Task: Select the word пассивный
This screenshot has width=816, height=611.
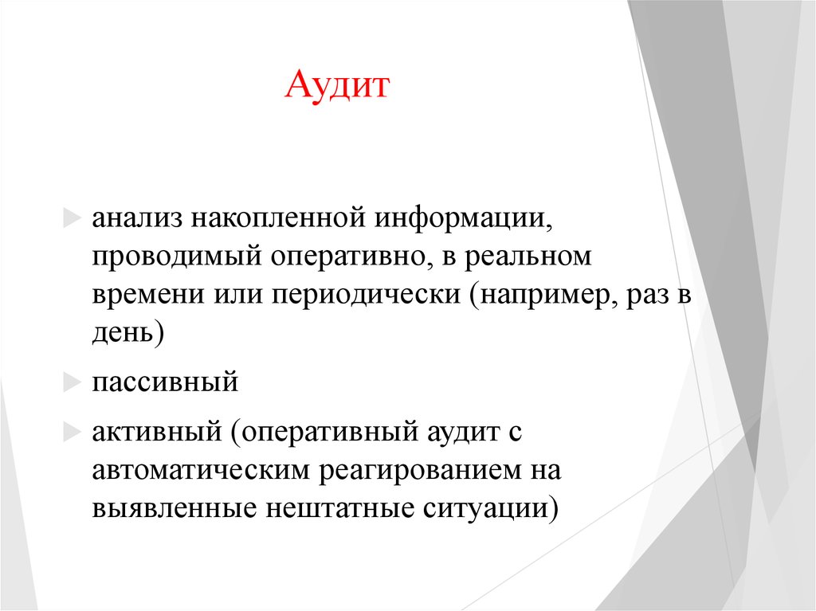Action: point(165,383)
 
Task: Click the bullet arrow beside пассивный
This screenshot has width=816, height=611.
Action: point(72,383)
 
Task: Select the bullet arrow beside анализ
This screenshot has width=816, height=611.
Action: point(72,218)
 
